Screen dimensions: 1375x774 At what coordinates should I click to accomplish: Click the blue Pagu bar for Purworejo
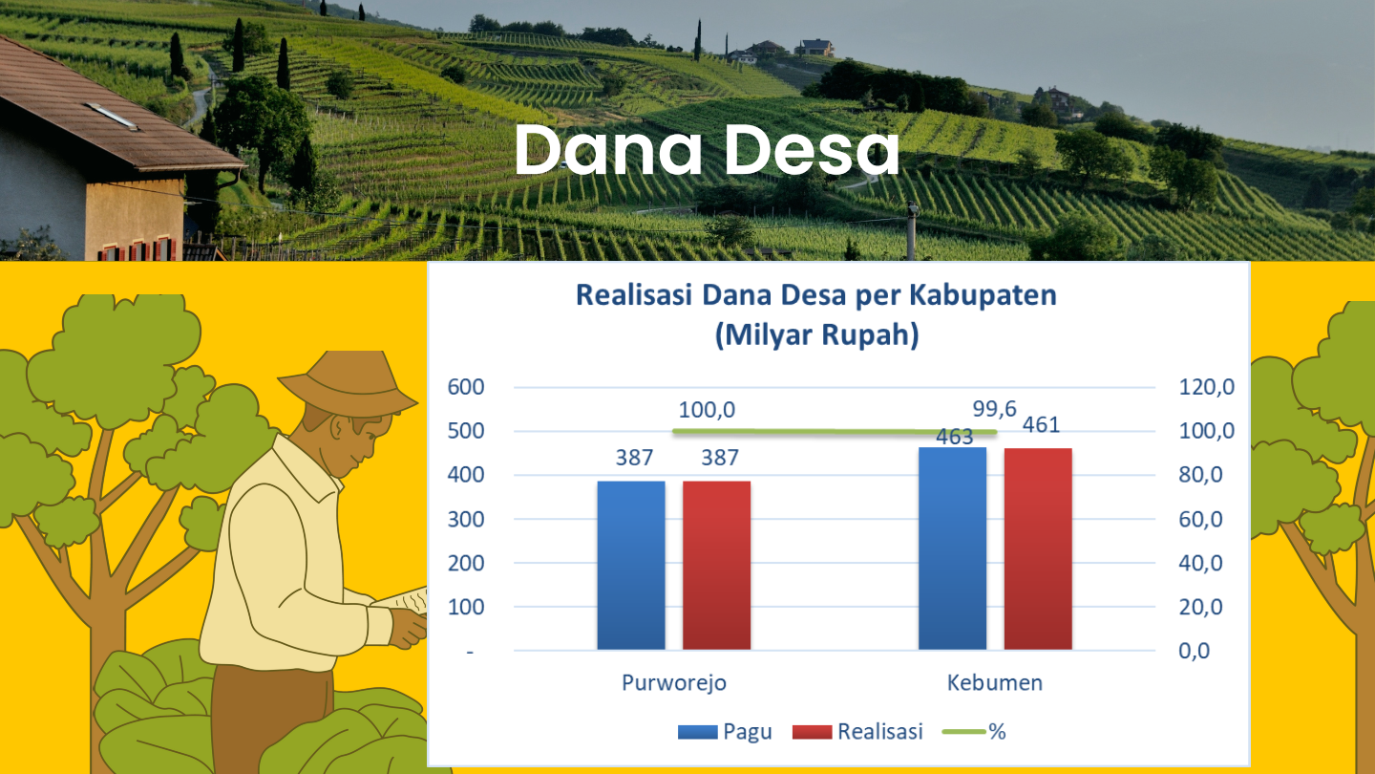(x=631, y=565)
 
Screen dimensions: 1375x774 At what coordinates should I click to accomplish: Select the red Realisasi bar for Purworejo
(x=716, y=565)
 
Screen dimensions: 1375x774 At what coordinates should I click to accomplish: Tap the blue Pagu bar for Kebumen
(x=952, y=548)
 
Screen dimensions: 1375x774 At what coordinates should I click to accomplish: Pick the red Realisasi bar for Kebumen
(x=1038, y=549)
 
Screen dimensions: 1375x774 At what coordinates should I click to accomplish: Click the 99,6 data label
(x=994, y=409)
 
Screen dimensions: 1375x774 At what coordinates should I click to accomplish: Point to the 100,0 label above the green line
(x=707, y=410)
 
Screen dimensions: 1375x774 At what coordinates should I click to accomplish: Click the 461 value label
(x=1041, y=425)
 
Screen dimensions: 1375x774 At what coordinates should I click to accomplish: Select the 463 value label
(x=955, y=437)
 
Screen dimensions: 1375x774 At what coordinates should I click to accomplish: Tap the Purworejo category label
(x=674, y=683)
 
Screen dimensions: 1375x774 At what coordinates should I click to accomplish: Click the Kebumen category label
(x=994, y=683)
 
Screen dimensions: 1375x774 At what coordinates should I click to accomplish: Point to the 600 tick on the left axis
(x=466, y=387)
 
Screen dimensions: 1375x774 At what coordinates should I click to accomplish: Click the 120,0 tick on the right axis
(x=1206, y=387)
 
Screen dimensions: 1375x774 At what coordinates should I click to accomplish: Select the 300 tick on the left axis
(x=466, y=520)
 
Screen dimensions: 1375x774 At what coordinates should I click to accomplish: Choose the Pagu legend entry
(x=725, y=732)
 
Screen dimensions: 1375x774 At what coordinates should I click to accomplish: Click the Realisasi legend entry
(x=857, y=732)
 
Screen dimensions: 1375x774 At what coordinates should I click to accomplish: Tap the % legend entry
(x=974, y=732)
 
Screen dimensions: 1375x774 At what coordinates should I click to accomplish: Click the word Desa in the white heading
(x=812, y=151)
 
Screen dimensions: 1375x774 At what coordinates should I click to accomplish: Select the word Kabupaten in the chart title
(x=983, y=295)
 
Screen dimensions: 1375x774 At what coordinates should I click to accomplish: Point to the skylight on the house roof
(x=112, y=117)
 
